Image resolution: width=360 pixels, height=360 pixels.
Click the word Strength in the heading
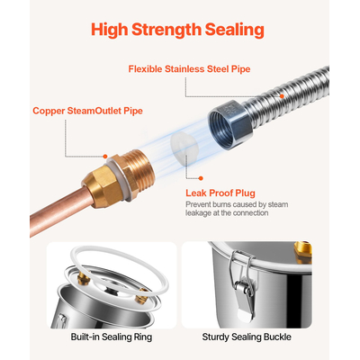pyautogui.click(x=166, y=30)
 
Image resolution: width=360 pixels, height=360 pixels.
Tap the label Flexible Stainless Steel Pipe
pyautogui.click(x=189, y=69)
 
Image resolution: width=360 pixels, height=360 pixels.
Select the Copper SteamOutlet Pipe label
pyautogui.click(x=87, y=111)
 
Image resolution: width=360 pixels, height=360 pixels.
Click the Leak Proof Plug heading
pyautogui.click(x=220, y=193)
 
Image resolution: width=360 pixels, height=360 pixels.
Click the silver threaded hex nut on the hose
pyautogui.click(x=229, y=124)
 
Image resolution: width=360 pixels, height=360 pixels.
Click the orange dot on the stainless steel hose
pyautogui.click(x=282, y=96)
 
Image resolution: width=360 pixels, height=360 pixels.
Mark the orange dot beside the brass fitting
pyautogui.click(x=105, y=157)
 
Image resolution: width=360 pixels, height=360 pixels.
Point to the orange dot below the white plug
pyautogui.click(x=201, y=178)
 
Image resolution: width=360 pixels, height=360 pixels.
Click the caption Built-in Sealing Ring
pyautogui.click(x=112, y=337)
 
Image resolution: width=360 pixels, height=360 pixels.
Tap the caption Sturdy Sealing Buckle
pyautogui.click(x=247, y=337)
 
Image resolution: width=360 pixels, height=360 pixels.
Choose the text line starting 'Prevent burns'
pyautogui.click(x=237, y=204)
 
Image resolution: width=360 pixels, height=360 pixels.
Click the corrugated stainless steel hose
pyautogui.click(x=288, y=94)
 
